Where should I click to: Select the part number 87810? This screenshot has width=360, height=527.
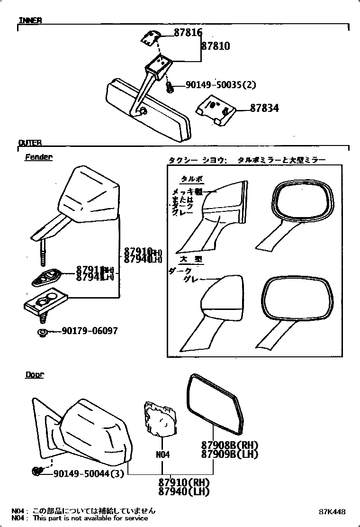(216, 46)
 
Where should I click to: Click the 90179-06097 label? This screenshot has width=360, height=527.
(90, 331)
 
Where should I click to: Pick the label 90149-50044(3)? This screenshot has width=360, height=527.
(89, 473)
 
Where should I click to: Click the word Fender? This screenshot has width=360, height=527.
(38, 157)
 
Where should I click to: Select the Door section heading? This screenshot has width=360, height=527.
(34, 374)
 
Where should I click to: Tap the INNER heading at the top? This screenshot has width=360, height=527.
(30, 20)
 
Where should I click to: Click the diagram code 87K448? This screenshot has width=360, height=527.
(332, 512)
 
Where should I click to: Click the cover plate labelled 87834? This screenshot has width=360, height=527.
(215, 110)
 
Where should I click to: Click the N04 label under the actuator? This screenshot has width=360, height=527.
(162, 454)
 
